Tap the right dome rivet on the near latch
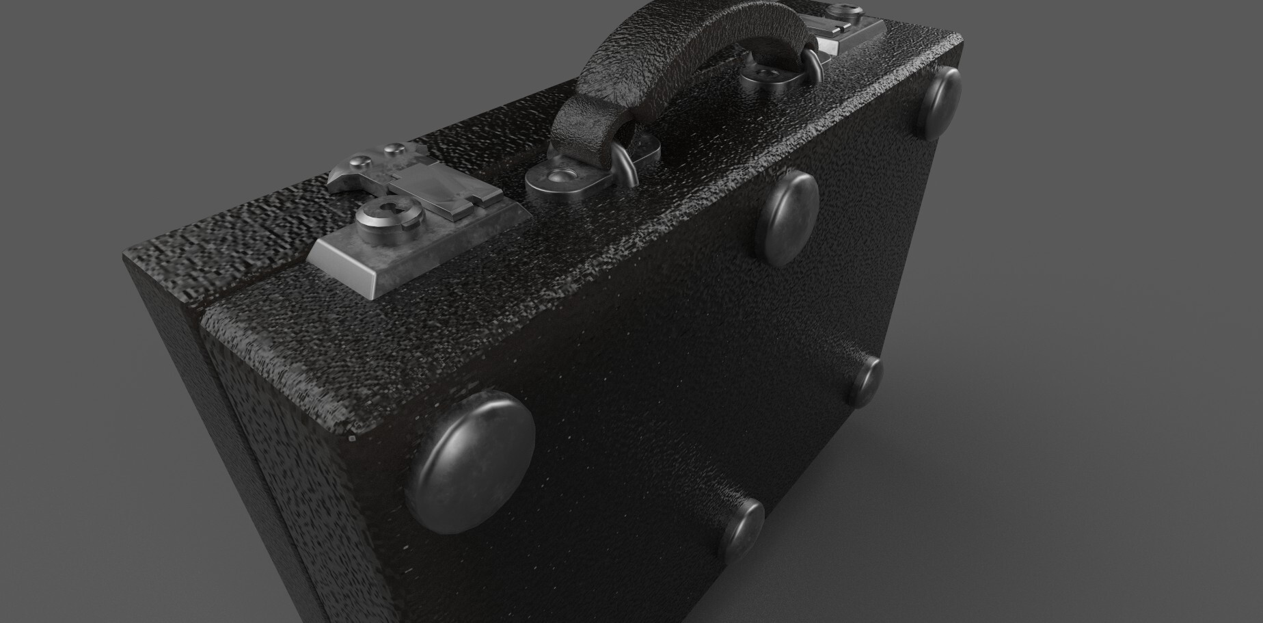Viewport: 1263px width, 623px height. (393, 148)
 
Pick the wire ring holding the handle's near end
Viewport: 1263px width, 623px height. (625, 164)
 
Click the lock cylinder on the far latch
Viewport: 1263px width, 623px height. (839, 12)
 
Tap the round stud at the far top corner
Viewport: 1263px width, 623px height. (940, 103)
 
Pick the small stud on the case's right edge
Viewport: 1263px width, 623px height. (868, 380)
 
